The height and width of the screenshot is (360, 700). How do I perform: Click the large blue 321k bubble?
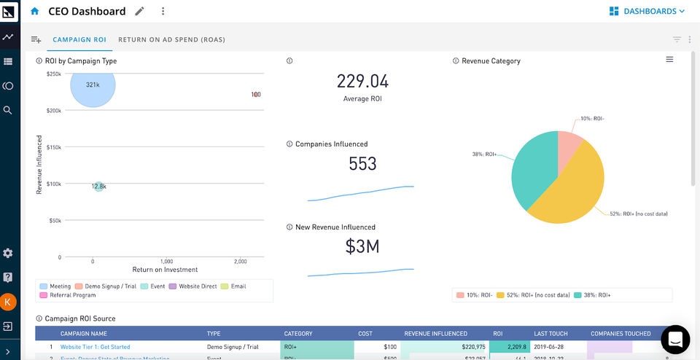click(x=93, y=85)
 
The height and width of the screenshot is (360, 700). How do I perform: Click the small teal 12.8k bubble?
click(x=98, y=187)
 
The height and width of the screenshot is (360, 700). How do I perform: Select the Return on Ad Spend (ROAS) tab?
click(x=171, y=39)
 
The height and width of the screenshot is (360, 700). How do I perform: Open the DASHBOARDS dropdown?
click(x=647, y=11)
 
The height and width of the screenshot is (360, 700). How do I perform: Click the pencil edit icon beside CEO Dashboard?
click(x=140, y=12)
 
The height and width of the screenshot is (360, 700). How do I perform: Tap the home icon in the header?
click(x=35, y=12)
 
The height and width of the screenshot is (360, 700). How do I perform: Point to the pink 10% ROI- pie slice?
click(x=568, y=145)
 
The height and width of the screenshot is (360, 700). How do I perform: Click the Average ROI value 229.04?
click(x=362, y=81)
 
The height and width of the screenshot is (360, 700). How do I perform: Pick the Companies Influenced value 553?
click(x=362, y=164)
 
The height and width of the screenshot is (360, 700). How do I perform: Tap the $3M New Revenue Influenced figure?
click(x=362, y=247)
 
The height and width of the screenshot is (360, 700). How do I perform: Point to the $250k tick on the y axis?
click(x=53, y=74)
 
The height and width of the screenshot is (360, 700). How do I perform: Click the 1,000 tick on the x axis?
click(x=166, y=261)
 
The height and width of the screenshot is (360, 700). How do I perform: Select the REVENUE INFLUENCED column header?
click(x=435, y=334)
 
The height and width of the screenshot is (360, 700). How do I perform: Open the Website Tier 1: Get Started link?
click(x=95, y=348)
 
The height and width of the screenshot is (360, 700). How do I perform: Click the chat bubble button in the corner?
click(x=674, y=340)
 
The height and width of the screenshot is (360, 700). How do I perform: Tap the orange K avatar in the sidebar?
click(x=8, y=301)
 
